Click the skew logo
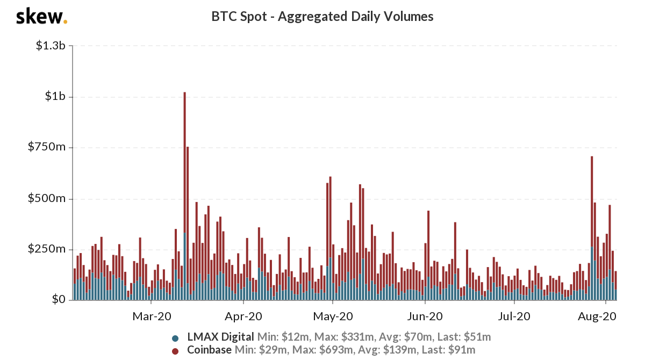41,17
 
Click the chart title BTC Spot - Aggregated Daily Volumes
322,17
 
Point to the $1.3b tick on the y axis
51,46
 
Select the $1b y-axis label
55,97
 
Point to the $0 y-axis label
58,300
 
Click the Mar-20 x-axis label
152,317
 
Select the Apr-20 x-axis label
245,317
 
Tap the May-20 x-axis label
334,317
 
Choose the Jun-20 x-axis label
426,317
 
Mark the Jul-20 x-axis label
515,317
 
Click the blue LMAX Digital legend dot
175,339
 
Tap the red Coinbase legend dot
175,351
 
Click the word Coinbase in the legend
210,350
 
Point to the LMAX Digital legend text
220,337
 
